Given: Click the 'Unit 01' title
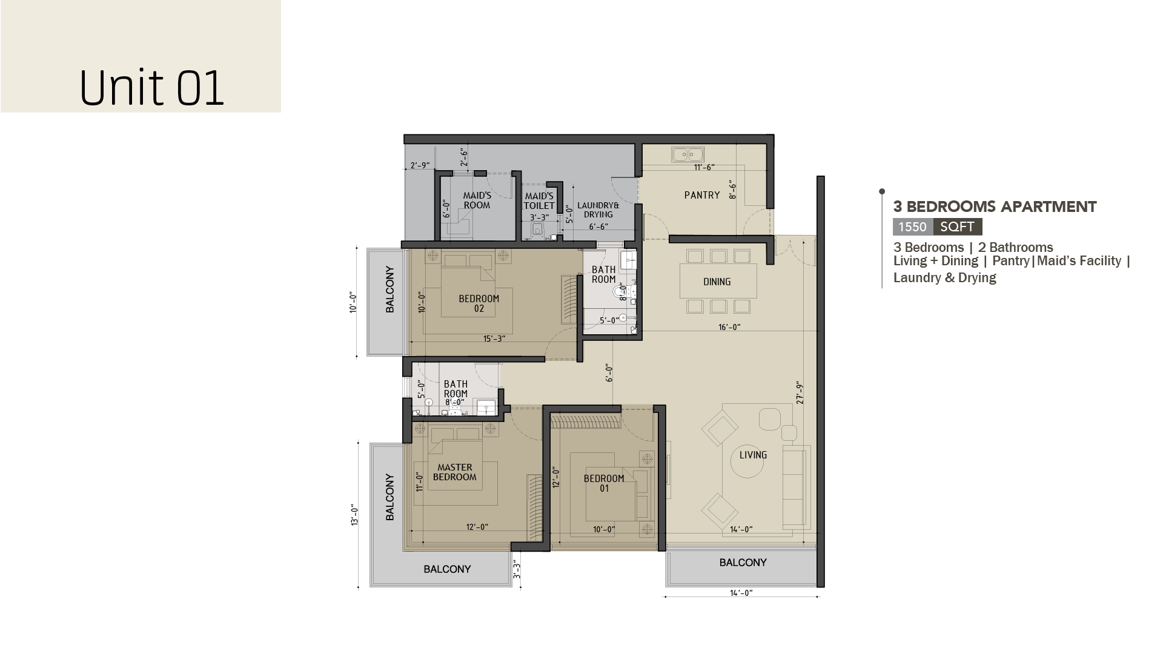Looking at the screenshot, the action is coord(152,88).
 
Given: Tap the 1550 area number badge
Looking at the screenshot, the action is coord(912,227).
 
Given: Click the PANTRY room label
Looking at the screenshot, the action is coord(702,195).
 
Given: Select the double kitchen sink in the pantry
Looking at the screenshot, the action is coord(688,154).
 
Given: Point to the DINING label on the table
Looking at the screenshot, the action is coord(717,282).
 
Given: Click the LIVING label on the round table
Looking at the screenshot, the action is coord(753,455).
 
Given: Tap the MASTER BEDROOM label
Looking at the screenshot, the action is coord(455,472).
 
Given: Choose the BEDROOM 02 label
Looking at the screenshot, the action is coord(479,303).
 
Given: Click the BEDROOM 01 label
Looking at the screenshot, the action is coord(604,483).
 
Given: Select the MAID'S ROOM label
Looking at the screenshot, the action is coord(477,200).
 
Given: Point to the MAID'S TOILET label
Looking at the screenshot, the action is coord(539,201).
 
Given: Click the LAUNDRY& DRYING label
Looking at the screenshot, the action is coord(598,210).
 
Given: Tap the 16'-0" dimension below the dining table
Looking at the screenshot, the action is coord(729,327).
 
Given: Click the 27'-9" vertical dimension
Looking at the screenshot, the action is coord(800,393).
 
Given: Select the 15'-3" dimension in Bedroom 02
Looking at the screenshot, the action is coord(494,339).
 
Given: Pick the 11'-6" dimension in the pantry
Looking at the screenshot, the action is coord(704,167).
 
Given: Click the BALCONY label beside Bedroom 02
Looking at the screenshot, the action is coord(390,289).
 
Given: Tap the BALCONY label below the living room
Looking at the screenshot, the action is coord(743,563).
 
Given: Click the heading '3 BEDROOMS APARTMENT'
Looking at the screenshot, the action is coord(995,207).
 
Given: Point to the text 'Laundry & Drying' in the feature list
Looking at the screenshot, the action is coord(945,278).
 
